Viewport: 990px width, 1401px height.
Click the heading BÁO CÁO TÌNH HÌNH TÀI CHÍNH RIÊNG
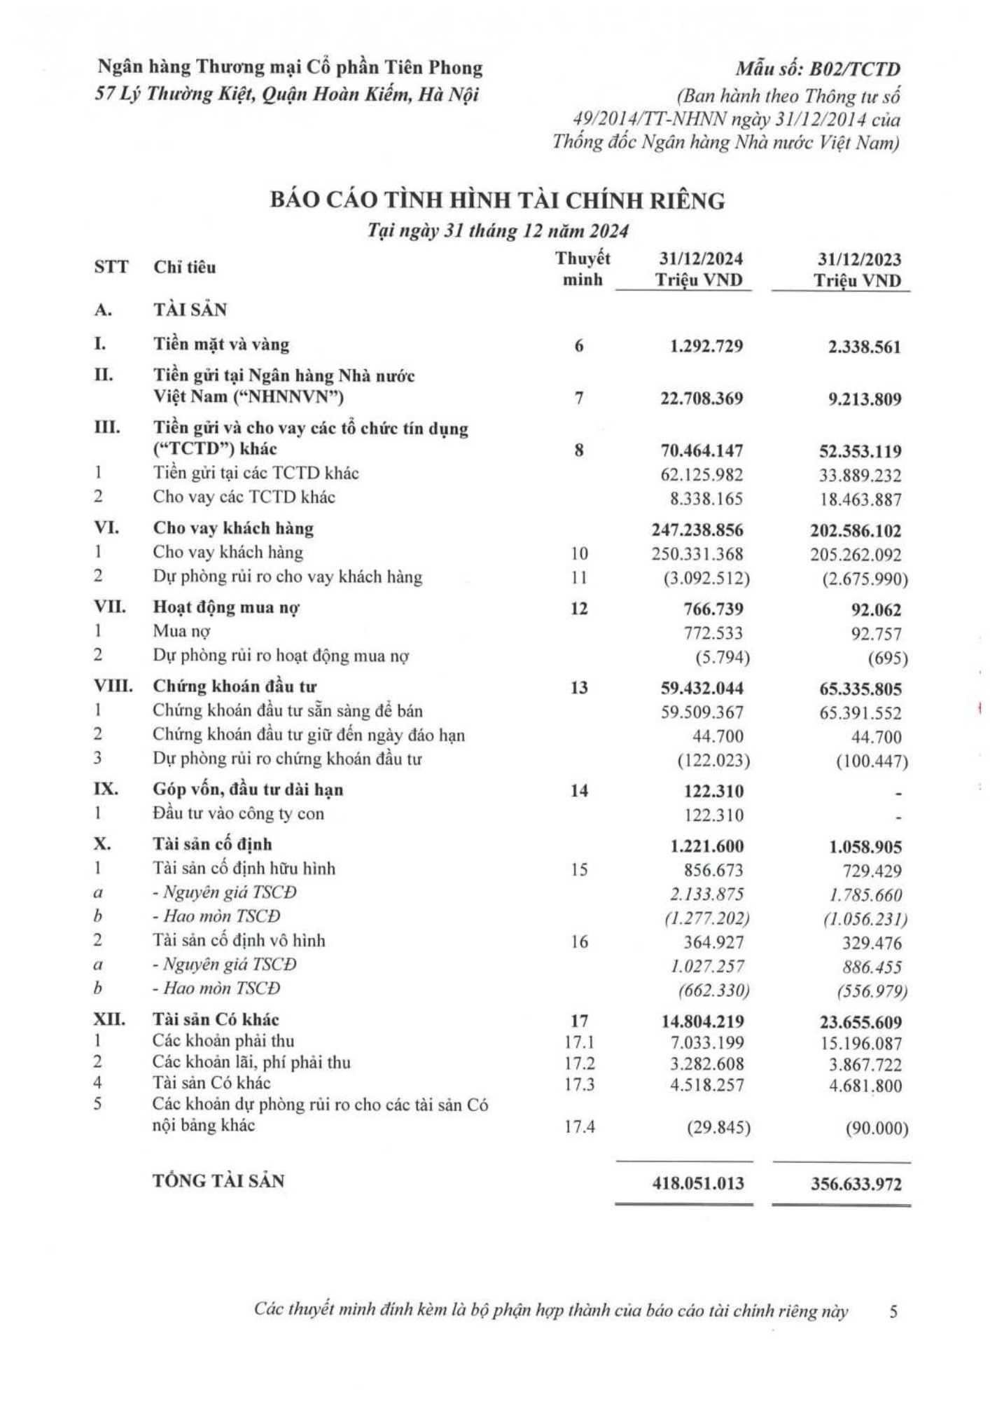click(x=498, y=201)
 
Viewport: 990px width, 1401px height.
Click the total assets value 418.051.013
click(x=697, y=1183)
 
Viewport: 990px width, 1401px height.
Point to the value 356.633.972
click(x=855, y=1184)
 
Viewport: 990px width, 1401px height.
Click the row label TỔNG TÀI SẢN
click(x=219, y=1181)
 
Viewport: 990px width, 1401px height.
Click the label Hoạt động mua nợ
click(x=226, y=608)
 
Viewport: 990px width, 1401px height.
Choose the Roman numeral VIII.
click(x=113, y=686)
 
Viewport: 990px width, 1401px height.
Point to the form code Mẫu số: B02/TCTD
click(x=817, y=69)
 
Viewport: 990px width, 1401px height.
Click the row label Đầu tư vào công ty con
click(x=239, y=814)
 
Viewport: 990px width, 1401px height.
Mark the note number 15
click(x=579, y=869)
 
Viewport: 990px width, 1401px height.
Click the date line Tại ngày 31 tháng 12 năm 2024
click(x=498, y=232)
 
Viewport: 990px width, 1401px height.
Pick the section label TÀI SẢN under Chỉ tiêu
click(x=190, y=310)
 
